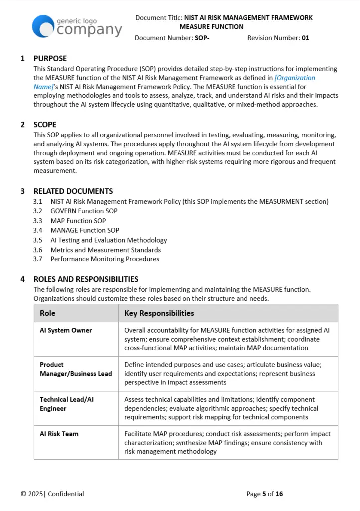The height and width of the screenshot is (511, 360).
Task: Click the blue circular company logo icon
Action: click(x=43, y=26)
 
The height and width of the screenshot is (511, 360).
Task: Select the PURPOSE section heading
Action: click(x=50, y=58)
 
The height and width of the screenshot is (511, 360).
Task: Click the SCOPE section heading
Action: click(x=45, y=125)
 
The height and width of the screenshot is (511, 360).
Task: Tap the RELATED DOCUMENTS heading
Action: click(x=73, y=191)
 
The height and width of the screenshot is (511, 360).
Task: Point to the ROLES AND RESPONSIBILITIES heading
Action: click(x=86, y=279)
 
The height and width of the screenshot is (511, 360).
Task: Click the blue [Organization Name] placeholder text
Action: click(x=295, y=78)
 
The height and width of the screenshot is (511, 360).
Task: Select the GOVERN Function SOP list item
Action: click(x=84, y=211)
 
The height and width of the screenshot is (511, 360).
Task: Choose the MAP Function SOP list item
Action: click(x=78, y=221)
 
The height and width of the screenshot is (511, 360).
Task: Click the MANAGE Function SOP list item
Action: click(x=85, y=230)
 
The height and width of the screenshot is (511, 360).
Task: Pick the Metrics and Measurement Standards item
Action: click(x=105, y=250)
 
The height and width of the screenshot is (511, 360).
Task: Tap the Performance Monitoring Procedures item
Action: click(x=105, y=259)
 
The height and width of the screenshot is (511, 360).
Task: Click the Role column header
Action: click(x=48, y=313)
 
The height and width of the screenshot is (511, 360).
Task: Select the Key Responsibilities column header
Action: click(x=159, y=313)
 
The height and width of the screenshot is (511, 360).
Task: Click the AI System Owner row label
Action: click(x=66, y=330)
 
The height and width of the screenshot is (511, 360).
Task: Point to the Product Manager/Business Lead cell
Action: click(x=76, y=369)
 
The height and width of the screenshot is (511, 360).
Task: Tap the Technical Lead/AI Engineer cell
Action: click(x=67, y=404)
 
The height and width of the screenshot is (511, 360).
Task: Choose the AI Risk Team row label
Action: click(x=59, y=434)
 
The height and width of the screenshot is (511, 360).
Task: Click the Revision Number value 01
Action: click(x=305, y=38)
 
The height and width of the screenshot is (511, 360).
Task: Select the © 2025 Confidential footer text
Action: click(x=52, y=494)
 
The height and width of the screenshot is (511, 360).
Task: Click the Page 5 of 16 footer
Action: click(x=264, y=494)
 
